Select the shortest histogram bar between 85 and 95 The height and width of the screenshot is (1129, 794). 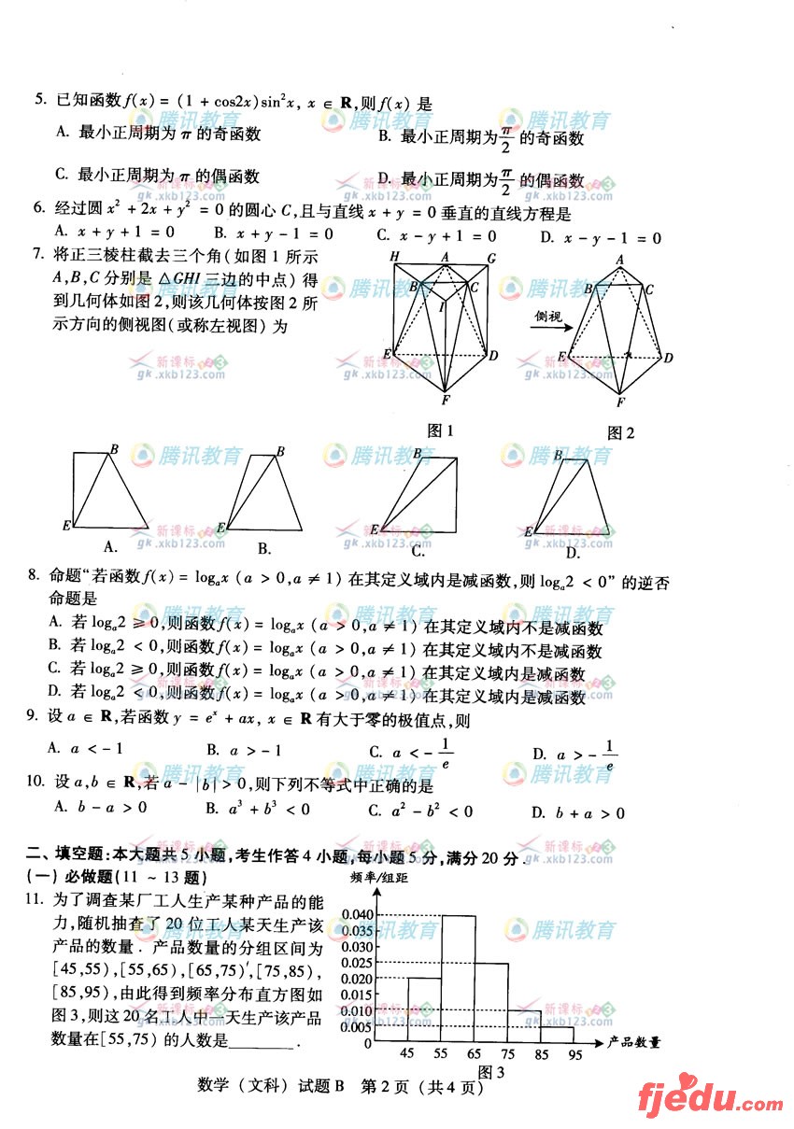(559, 1034)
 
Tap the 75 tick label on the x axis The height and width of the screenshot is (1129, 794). (508, 1054)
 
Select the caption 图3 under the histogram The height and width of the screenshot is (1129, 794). (491, 1071)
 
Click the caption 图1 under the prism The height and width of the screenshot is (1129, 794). (439, 430)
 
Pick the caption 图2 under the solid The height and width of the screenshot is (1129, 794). (620, 432)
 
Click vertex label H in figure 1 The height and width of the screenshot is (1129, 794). (394, 257)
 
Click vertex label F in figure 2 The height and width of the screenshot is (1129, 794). (620, 402)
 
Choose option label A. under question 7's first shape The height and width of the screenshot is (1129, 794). (110, 546)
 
